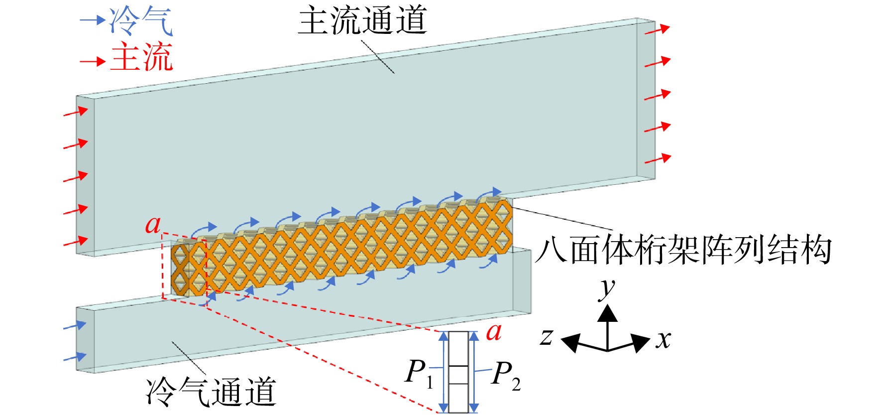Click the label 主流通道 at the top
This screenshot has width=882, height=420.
[x=362, y=20]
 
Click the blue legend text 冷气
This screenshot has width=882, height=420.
[x=141, y=21]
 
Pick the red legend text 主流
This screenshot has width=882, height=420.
[x=141, y=57]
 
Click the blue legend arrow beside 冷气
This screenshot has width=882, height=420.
[x=93, y=20]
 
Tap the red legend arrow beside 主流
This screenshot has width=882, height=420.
[x=93, y=61]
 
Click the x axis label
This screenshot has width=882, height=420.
[x=663, y=340]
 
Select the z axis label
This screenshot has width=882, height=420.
[x=547, y=337]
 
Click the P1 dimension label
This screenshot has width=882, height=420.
[x=420, y=373]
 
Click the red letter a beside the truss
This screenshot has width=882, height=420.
[x=153, y=225]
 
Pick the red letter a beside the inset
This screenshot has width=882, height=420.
[x=494, y=332]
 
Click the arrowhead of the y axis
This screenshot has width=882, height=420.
[x=608, y=312]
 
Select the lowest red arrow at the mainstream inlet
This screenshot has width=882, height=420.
[x=76, y=241]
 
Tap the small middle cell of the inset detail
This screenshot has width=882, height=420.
[x=458, y=375]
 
